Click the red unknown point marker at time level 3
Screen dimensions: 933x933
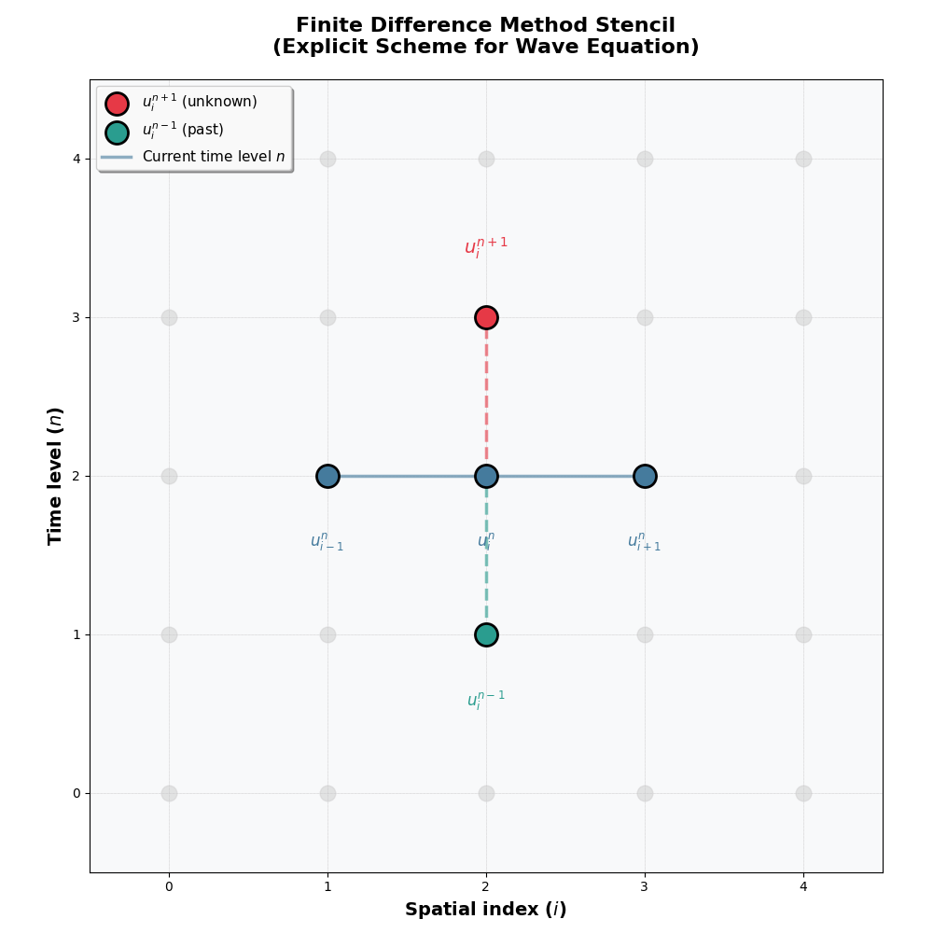click(x=486, y=317)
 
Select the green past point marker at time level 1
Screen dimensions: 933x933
click(x=486, y=634)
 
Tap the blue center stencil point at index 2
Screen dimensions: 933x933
click(x=486, y=476)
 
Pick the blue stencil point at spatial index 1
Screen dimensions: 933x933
click(x=327, y=476)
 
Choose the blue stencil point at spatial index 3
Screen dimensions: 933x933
click(x=645, y=476)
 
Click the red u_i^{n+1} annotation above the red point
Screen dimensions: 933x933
click(x=486, y=247)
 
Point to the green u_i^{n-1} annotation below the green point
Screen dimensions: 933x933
click(x=486, y=701)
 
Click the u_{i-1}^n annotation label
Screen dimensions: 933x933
click(x=327, y=542)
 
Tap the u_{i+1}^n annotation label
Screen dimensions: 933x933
click(x=644, y=542)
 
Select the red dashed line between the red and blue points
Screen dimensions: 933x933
click(x=486, y=397)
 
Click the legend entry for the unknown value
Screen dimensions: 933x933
click(x=199, y=103)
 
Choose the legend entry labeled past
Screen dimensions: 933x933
click(x=183, y=132)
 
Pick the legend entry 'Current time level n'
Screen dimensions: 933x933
click(x=213, y=157)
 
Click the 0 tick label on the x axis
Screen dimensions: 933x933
click(x=169, y=886)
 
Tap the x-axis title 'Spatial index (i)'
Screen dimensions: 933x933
click(x=485, y=910)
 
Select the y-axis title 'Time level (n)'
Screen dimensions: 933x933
click(x=56, y=476)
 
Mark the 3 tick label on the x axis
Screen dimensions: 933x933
click(x=645, y=886)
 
